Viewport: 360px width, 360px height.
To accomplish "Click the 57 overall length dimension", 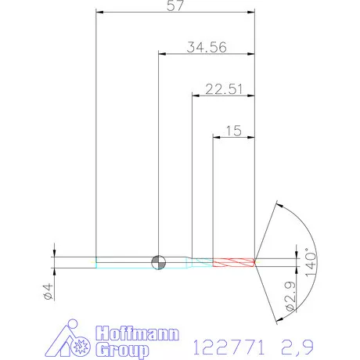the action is coord(175,5).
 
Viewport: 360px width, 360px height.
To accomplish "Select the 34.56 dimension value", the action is coord(207,47).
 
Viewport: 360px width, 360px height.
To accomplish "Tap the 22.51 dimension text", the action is coord(224,89).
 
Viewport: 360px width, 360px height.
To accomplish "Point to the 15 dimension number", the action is coord(234,131).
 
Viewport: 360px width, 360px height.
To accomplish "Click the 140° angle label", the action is coord(311,262).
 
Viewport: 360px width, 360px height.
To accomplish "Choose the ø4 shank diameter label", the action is coord(49,292).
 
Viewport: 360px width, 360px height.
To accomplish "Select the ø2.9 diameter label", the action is coord(290,297).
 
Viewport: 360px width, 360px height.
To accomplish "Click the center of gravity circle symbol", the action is coord(158,262).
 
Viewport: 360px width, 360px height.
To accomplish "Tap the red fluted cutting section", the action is coord(234,262).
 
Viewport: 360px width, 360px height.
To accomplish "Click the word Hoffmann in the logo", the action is coord(137,333).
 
